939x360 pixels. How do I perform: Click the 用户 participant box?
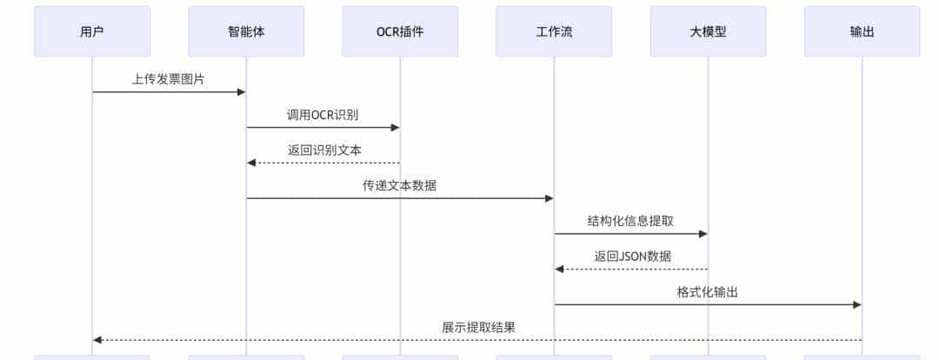(x=92, y=31)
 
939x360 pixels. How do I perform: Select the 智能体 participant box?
(x=246, y=31)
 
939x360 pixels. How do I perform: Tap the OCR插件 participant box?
(x=400, y=31)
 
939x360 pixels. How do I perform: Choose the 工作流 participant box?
(x=554, y=31)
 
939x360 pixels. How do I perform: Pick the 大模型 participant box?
(x=708, y=31)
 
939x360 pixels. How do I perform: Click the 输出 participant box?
(x=862, y=31)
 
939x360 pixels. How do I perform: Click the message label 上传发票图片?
(x=169, y=78)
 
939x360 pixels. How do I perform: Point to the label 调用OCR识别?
(x=323, y=114)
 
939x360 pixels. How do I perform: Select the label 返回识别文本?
(x=324, y=150)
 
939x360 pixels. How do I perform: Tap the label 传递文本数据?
(x=400, y=185)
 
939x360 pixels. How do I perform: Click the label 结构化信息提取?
(x=630, y=221)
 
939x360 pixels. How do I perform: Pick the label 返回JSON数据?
(x=632, y=257)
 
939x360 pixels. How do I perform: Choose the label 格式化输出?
(x=708, y=292)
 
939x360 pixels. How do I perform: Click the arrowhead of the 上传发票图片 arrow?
(x=242, y=92)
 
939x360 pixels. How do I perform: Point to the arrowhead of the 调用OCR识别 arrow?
(x=396, y=128)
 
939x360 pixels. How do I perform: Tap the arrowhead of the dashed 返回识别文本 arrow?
(x=251, y=163)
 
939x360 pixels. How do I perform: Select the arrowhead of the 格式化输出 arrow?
(x=857, y=305)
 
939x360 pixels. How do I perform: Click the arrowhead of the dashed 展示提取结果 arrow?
(x=97, y=340)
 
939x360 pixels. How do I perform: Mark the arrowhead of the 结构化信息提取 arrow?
(x=703, y=234)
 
